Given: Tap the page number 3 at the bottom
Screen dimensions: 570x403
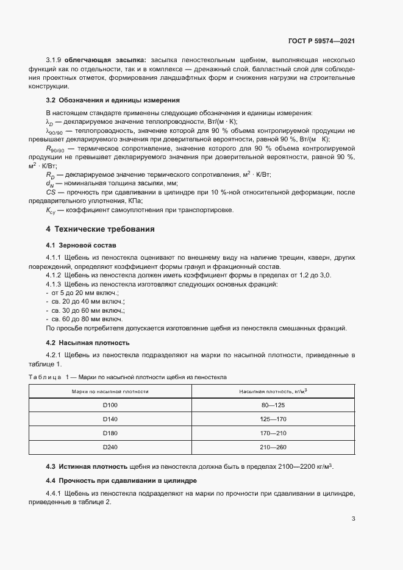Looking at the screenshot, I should coord(353,519).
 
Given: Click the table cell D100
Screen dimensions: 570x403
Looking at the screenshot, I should coord(110,405).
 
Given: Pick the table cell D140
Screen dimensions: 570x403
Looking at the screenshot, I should coord(110,419).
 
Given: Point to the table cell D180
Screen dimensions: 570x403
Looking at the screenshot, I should coord(110,433).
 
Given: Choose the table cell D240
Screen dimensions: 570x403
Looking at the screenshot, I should coord(110,447).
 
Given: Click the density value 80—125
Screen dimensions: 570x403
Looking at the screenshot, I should coord(273,405).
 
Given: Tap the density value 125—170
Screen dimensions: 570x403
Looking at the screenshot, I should coord(273,419).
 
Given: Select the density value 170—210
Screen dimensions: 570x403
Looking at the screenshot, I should coord(273,433).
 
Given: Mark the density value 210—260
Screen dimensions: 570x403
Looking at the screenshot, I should coord(273,447).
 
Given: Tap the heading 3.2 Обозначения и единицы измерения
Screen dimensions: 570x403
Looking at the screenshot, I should coord(113,99).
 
